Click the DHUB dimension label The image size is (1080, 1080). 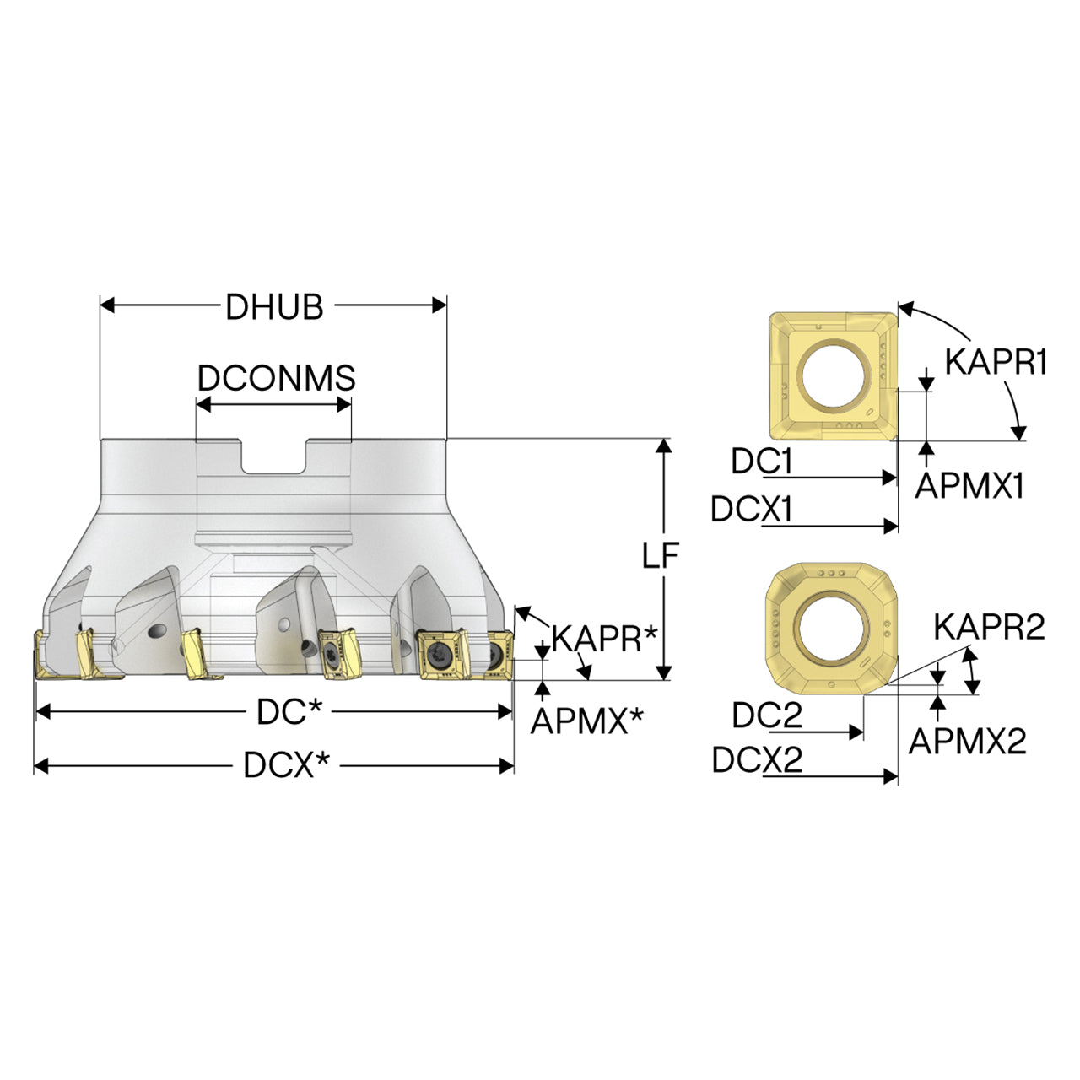[x=274, y=306]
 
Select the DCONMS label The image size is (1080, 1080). [x=276, y=378]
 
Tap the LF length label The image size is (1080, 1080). [x=660, y=555]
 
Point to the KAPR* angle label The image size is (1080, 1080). [x=603, y=639]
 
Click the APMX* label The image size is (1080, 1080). [x=586, y=721]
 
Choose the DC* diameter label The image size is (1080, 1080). [x=289, y=712]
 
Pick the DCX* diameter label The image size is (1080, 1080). [x=286, y=765]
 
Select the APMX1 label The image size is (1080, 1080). [x=969, y=485]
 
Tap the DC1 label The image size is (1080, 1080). [x=761, y=462]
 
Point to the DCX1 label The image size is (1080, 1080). [x=751, y=509]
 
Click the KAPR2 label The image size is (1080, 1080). [x=989, y=627]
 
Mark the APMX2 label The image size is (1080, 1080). [x=967, y=741]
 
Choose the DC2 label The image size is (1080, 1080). [x=767, y=715]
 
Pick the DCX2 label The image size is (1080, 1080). [x=757, y=760]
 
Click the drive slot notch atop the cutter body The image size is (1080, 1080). [x=274, y=456]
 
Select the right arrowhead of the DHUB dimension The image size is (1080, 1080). [x=440, y=305]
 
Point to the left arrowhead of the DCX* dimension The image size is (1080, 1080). [x=42, y=765]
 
